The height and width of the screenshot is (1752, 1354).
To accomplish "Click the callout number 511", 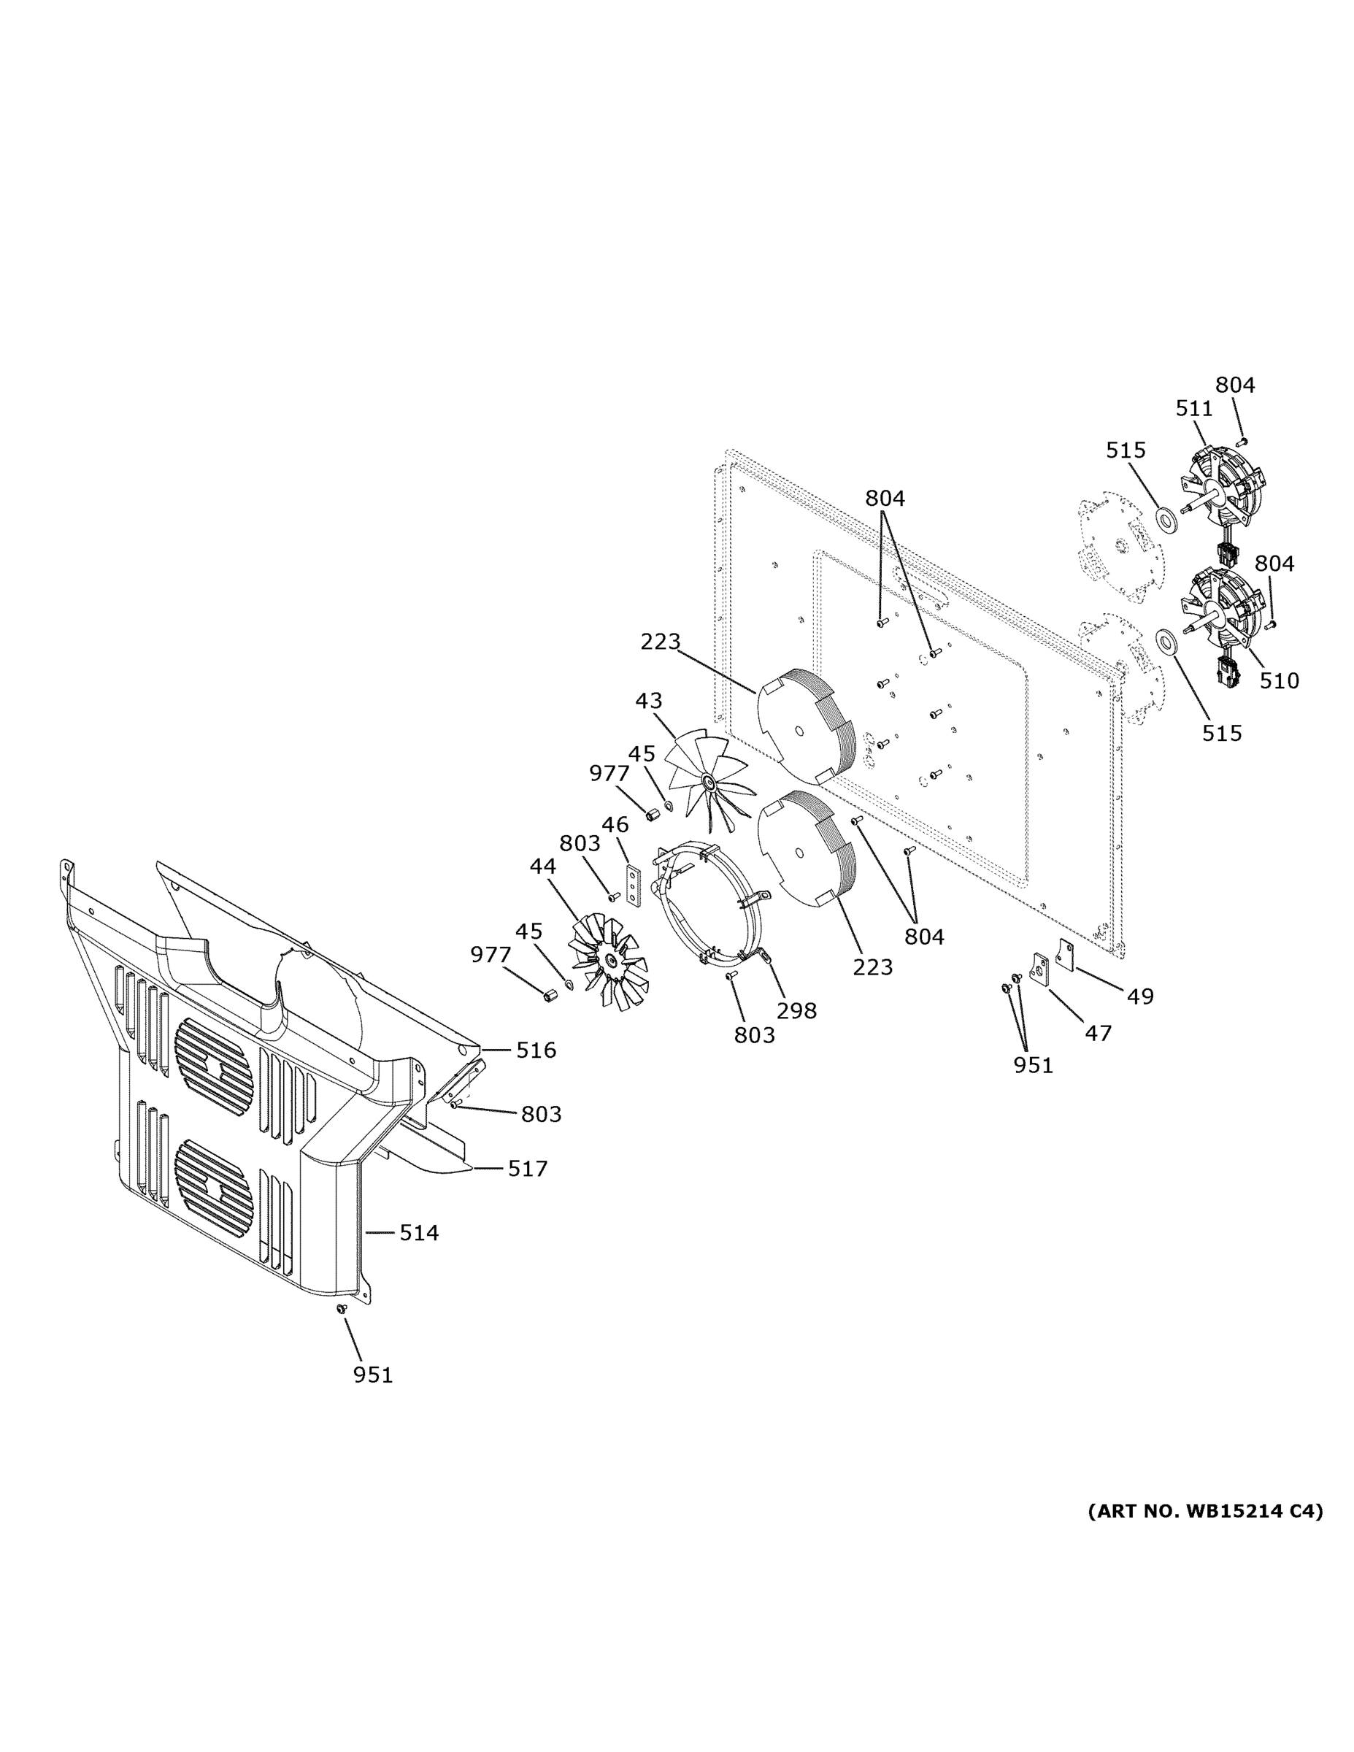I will click(x=1193, y=408).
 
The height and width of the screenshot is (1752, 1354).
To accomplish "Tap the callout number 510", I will click(x=1279, y=680).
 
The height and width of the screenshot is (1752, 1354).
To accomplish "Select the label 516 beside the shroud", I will click(x=536, y=1049).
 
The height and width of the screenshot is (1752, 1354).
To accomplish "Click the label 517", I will click(x=527, y=1168).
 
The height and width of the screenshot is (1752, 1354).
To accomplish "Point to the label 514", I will click(x=419, y=1232).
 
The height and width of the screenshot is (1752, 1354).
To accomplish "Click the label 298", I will click(x=796, y=1011).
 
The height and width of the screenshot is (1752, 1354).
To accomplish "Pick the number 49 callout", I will click(x=1140, y=996).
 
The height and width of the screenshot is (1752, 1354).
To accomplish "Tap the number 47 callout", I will click(x=1097, y=1032).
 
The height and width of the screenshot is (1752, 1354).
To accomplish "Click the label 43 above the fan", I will click(x=648, y=700).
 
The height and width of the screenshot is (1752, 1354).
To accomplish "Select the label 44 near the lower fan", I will click(x=543, y=867).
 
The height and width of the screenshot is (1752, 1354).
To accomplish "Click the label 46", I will click(x=615, y=824).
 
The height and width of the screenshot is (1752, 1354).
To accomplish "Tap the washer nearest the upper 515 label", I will click(x=1166, y=518).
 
